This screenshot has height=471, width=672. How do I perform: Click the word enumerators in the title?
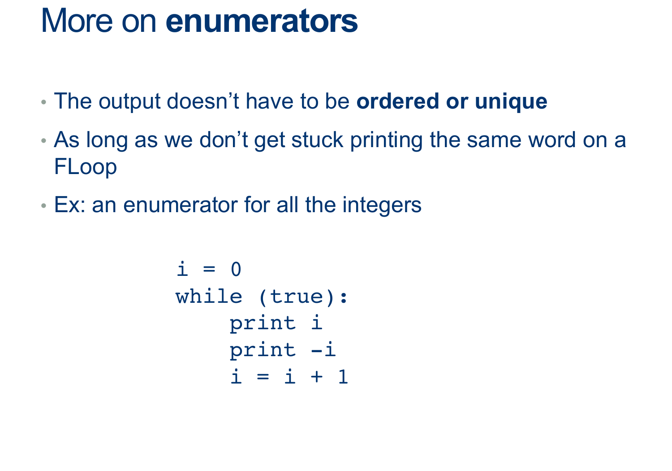262,21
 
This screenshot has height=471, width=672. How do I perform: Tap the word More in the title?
77,21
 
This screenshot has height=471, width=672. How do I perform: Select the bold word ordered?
397,101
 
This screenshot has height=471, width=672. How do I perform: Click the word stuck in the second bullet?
317,140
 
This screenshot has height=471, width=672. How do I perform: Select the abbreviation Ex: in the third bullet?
69,205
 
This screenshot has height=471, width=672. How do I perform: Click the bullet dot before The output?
43,102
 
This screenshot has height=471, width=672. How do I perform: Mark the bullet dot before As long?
43,140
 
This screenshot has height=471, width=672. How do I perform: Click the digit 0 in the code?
236,269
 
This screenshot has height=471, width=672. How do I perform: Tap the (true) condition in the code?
297,297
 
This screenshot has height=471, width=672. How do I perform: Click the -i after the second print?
323,349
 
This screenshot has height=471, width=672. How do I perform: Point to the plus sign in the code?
317,376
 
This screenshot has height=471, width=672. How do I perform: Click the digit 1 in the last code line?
343,376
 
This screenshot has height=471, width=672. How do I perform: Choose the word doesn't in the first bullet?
202,101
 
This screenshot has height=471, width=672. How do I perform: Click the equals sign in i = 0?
209,269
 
